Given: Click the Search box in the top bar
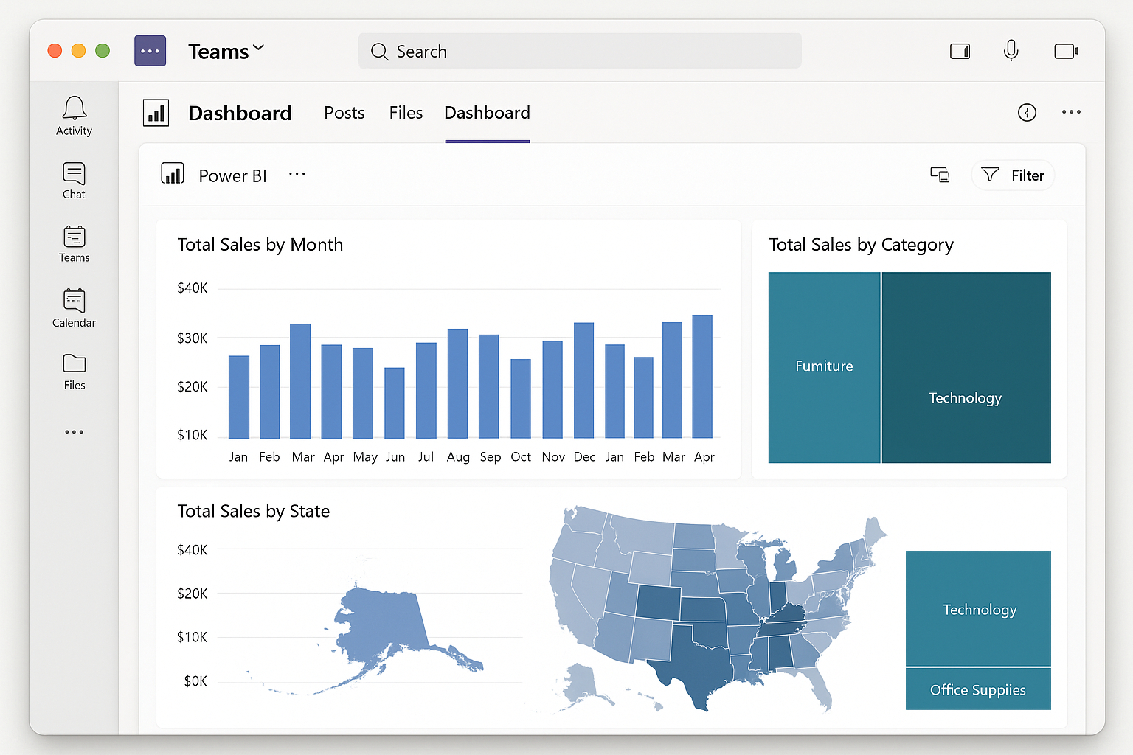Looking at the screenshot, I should pyautogui.click(x=579, y=51).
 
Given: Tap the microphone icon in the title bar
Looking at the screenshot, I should pyautogui.click(x=1011, y=50).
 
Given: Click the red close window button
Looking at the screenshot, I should pyautogui.click(x=55, y=50).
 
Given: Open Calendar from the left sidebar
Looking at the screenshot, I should pyautogui.click(x=74, y=307).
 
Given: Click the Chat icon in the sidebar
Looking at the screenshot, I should pyautogui.click(x=74, y=180).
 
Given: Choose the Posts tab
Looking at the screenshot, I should pyautogui.click(x=344, y=113).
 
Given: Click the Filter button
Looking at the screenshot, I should pyautogui.click(x=1013, y=175).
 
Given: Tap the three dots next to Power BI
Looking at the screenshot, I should pyautogui.click(x=297, y=175).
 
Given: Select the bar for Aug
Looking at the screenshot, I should pyautogui.click(x=457, y=383).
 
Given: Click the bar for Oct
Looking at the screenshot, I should pyautogui.click(x=521, y=398).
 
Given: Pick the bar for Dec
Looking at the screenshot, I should pyautogui.click(x=583, y=380).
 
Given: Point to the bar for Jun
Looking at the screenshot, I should pyautogui.click(x=395, y=403).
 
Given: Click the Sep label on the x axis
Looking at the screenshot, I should pyautogui.click(x=490, y=457).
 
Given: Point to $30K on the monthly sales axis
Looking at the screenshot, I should pyautogui.click(x=192, y=338).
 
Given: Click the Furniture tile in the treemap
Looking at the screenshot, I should pyautogui.click(x=824, y=366).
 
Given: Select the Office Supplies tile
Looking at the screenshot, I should pyautogui.click(x=977, y=689).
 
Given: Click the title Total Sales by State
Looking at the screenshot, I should pyautogui.click(x=253, y=511).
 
